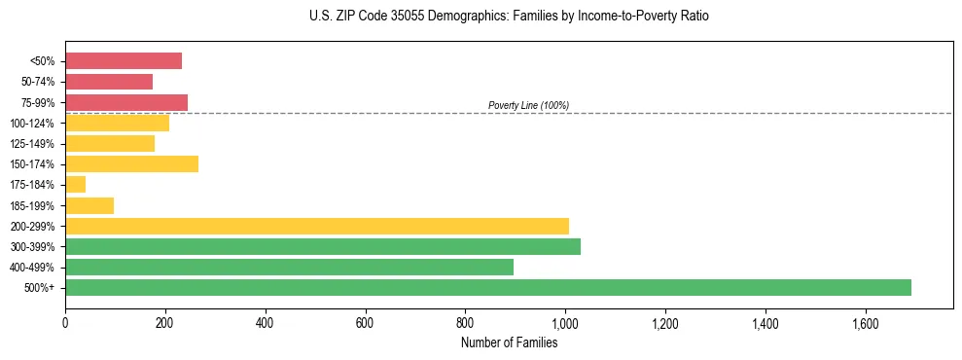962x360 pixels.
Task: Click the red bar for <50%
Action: click(x=124, y=61)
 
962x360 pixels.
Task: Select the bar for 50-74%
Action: click(x=109, y=82)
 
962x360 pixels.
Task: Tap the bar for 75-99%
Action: click(x=126, y=102)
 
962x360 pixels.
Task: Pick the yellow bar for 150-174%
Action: click(x=131, y=163)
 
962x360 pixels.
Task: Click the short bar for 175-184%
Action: click(x=76, y=184)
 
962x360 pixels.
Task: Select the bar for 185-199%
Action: click(x=89, y=205)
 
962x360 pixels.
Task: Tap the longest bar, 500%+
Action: click(x=488, y=287)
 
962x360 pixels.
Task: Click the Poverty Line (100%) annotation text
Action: click(x=528, y=105)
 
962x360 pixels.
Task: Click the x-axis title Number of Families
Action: click(x=509, y=342)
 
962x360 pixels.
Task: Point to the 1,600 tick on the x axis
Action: click(x=865, y=323)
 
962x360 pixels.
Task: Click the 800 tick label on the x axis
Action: click(x=465, y=323)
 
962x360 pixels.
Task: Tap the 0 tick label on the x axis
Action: click(x=65, y=323)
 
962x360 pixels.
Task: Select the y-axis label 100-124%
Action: click(x=32, y=124)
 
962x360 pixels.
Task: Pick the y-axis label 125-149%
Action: click(x=32, y=144)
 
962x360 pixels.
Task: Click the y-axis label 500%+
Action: click(x=39, y=288)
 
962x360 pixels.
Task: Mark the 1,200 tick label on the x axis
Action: click(x=665, y=323)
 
